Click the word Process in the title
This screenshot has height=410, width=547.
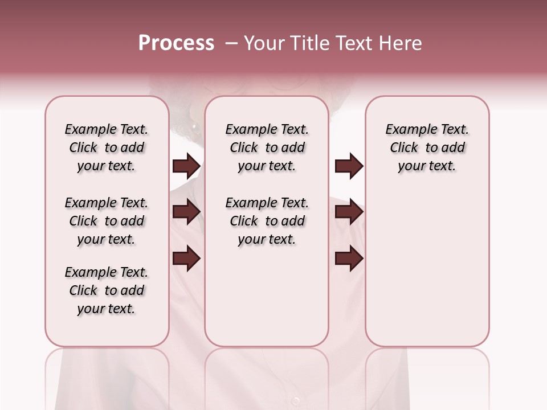click(x=176, y=43)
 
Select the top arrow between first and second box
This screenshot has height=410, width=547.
click(x=186, y=166)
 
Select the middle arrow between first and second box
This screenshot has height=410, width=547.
click(x=186, y=212)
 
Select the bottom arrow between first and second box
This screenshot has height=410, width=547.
click(x=186, y=259)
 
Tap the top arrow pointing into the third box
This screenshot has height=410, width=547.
click(x=349, y=166)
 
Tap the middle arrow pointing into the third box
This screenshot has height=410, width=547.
click(x=349, y=212)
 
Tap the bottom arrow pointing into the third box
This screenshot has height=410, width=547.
click(x=349, y=259)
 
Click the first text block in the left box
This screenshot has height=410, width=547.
click(x=107, y=147)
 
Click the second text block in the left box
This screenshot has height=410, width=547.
click(x=107, y=221)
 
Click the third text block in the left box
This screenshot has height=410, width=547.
click(x=107, y=290)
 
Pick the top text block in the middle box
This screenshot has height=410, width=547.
click(x=267, y=147)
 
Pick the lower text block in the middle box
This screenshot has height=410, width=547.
click(x=267, y=221)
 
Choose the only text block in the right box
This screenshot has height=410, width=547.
click(x=427, y=147)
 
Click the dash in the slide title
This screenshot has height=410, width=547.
click(x=231, y=43)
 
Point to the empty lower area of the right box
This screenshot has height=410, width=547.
click(x=427, y=273)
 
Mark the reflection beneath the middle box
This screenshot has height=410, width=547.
click(x=267, y=376)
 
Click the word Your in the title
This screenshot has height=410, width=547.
click(x=262, y=43)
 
